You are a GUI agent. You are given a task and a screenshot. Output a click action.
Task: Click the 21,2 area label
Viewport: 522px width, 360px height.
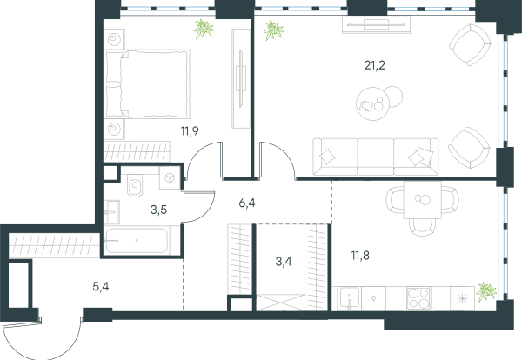pos(374,65)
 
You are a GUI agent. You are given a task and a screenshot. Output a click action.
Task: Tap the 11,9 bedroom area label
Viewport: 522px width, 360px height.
pos(190,131)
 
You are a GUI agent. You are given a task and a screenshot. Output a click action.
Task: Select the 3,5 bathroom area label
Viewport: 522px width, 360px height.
pos(158,210)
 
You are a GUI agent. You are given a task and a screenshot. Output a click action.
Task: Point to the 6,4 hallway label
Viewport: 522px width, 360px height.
pos(247,203)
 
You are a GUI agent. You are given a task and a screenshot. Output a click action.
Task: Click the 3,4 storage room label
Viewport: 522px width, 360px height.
pos(284,262)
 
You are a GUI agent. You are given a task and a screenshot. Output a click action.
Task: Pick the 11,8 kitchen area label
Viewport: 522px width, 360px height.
pos(360,256)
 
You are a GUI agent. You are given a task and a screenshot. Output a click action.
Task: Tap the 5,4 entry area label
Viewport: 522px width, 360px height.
pos(101,286)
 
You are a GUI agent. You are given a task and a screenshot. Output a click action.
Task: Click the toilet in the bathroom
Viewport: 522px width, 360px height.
pos(135,186)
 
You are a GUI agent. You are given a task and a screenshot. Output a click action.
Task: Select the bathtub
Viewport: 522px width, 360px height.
pos(137,240)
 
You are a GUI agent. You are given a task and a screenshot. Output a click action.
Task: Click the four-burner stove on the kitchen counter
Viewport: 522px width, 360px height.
pos(418,298)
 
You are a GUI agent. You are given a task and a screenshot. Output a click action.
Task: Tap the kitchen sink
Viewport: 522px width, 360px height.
pos(349,298)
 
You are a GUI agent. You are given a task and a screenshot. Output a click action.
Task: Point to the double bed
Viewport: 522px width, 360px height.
pos(147,84)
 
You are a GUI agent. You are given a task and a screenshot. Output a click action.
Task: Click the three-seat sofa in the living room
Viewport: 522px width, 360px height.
pos(376,157)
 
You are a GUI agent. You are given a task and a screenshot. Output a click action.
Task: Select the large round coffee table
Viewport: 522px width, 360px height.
pos(373,103)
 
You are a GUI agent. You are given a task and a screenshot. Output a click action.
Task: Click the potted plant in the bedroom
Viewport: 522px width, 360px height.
pos(204,29)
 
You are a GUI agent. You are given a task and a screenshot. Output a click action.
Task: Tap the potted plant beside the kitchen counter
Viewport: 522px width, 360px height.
pos(486,292)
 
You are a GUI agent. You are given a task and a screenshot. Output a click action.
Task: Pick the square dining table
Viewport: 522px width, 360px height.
pos(423,200)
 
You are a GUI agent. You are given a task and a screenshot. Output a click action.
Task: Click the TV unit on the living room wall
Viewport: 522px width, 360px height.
pos(377,24)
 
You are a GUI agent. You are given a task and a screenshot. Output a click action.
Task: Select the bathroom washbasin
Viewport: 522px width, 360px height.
pos(111,212)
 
